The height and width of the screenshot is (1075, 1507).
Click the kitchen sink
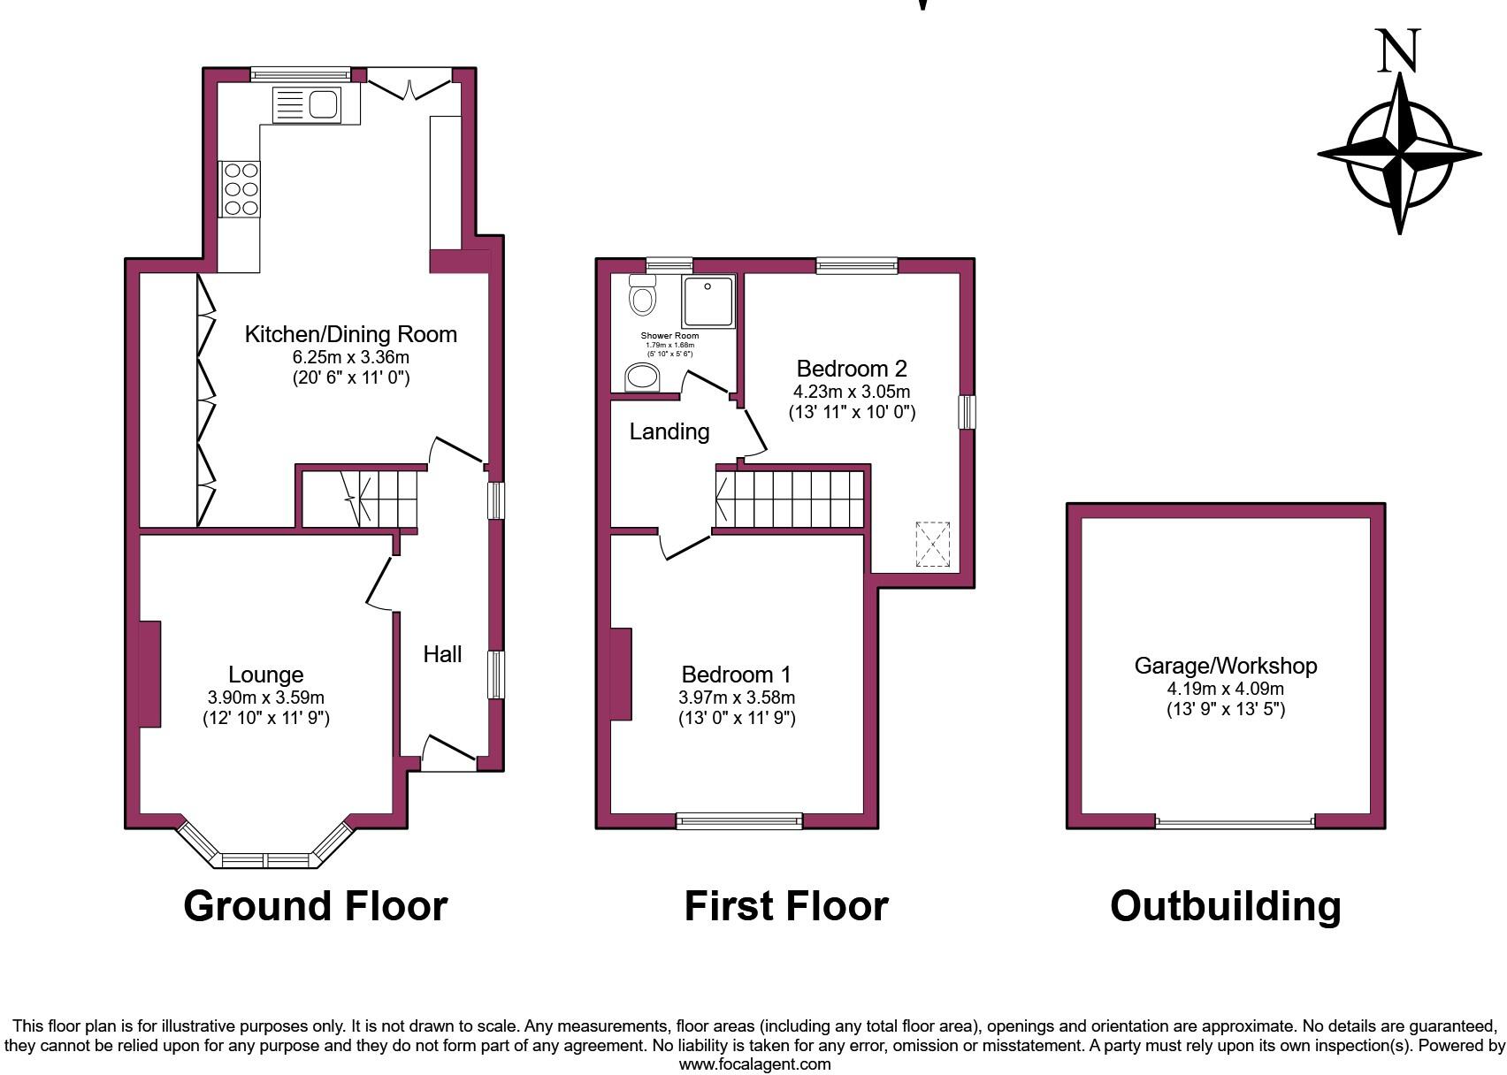(308, 105)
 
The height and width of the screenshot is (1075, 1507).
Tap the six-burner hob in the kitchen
(241, 188)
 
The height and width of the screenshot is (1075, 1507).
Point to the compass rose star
(1399, 154)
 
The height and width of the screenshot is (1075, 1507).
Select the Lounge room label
(265, 675)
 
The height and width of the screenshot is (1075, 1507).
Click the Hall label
(442, 654)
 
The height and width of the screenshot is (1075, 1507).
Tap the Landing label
(669, 431)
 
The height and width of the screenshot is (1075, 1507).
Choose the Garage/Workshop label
(1226, 666)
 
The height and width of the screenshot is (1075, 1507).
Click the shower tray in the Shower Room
(708, 301)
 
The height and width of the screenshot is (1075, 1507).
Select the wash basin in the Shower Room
(643, 377)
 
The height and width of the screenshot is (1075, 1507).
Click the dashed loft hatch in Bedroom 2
(932, 544)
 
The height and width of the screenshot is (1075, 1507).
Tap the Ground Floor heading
(316, 906)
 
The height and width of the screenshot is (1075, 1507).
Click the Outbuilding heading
(1225, 906)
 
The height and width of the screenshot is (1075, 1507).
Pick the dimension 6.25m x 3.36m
(351, 357)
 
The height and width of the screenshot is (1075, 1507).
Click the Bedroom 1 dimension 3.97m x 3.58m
(737, 698)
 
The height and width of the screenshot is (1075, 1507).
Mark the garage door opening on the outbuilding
(1235, 823)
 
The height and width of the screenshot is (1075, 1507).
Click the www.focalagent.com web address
(754, 1064)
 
